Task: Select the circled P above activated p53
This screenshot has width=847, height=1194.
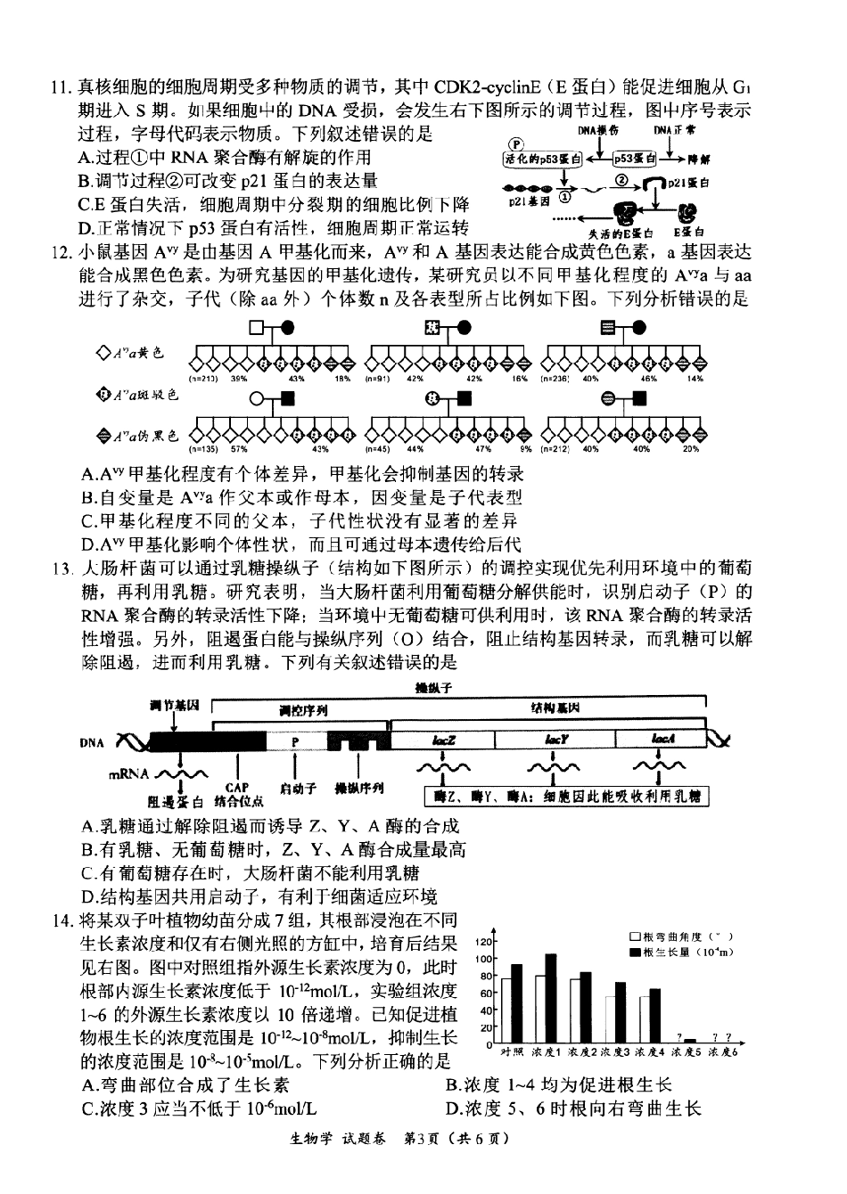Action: click(515, 143)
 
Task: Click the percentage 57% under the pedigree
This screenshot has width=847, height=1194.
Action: click(239, 450)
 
